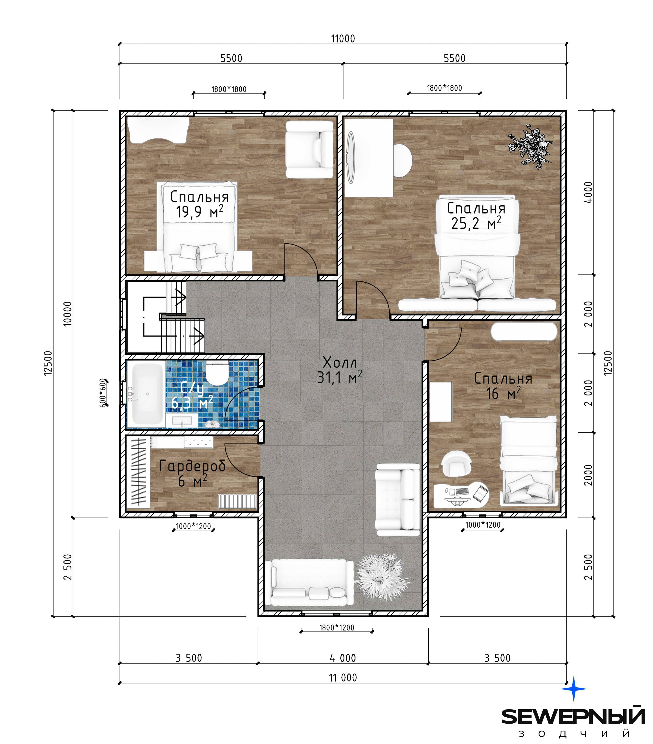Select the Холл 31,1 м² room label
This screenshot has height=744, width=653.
pyautogui.click(x=340, y=370)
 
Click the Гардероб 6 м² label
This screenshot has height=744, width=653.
pyautogui.click(x=192, y=473)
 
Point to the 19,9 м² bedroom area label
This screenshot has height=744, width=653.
pyautogui.click(x=200, y=212)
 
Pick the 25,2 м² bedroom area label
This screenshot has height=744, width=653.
pyautogui.click(x=476, y=223)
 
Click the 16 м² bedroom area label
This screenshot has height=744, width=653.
pyautogui.click(x=503, y=393)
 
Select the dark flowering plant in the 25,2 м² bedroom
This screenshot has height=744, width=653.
pyautogui.click(x=530, y=146)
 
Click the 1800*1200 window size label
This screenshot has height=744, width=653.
pyautogui.click(x=336, y=627)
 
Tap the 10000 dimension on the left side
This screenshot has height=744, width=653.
pyautogui.click(x=68, y=313)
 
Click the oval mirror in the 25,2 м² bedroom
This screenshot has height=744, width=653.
pyautogui.click(x=351, y=158)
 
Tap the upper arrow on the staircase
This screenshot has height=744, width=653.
pyautogui.click(x=180, y=297)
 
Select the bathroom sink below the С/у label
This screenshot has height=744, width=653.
pyautogui.click(x=182, y=421)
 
